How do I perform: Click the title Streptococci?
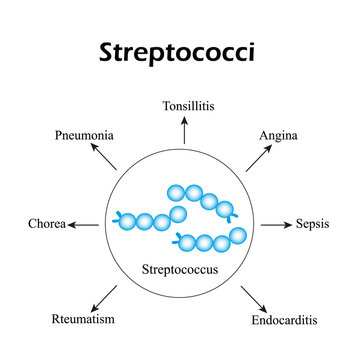180,52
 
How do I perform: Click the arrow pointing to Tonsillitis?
184,129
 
